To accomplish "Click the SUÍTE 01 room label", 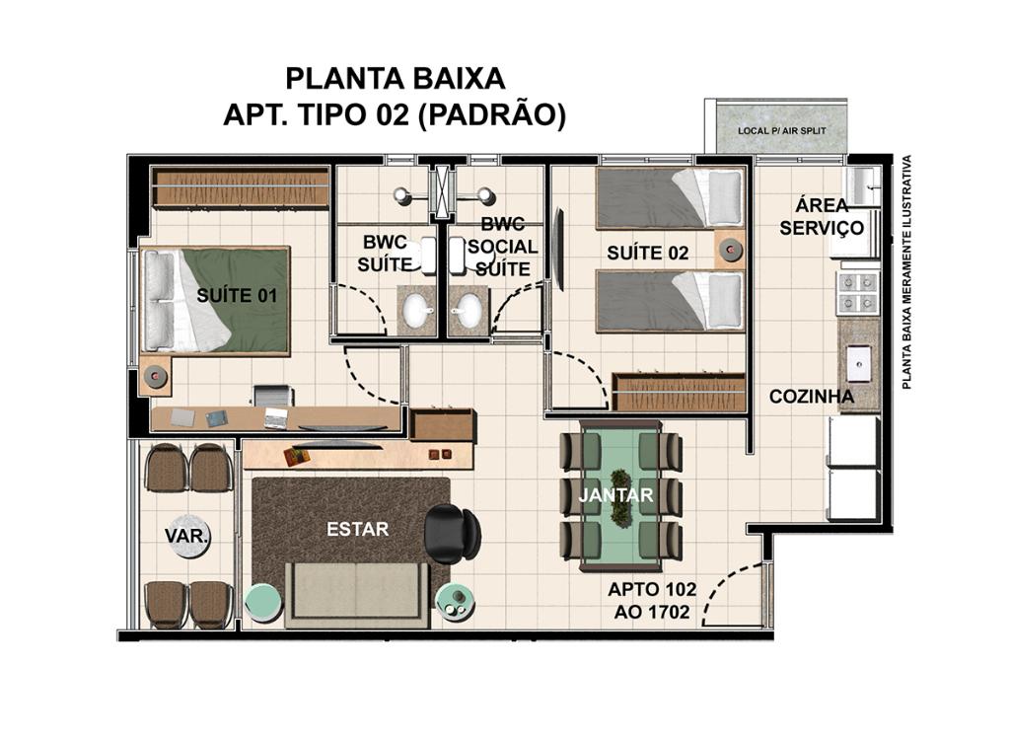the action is point(237,295).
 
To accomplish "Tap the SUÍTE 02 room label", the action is point(647,254).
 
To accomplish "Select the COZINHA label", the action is point(812,396).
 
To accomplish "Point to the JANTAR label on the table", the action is point(615,495).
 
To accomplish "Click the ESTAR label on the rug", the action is point(357,529).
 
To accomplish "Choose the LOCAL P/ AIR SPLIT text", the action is point(781,130).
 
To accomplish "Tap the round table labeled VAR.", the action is point(187,537).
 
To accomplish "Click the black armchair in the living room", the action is point(452,533).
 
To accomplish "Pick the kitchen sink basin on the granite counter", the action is point(859,364).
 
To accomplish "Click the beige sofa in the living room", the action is point(357,595).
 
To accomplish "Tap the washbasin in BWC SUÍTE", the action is point(417,310).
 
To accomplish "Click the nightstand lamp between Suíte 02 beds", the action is point(731,250).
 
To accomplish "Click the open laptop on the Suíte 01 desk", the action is point(276,418).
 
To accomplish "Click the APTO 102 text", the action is point(652,589).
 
